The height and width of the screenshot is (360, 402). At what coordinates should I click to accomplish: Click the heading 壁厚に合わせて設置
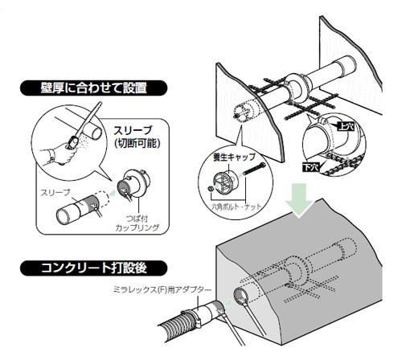pyautogui.click(x=93, y=88)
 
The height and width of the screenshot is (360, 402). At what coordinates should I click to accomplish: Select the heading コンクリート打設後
pyautogui.click(x=93, y=268)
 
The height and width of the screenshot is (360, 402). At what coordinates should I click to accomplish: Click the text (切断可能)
pyautogui.click(x=136, y=144)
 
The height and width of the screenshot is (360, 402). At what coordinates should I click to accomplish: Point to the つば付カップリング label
pyautogui.click(x=137, y=223)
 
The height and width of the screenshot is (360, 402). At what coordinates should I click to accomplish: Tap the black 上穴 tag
pyautogui.click(x=347, y=126)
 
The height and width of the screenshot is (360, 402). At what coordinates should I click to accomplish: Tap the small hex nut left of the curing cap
pyautogui.click(x=211, y=189)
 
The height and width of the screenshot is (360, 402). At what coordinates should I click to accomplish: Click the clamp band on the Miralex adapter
pyautogui.click(x=192, y=316)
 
